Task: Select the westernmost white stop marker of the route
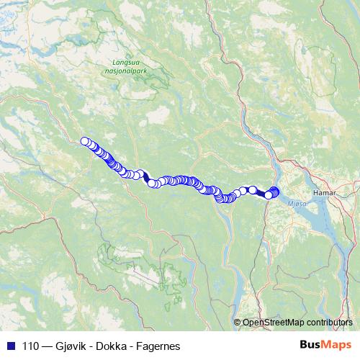[x=85, y=141]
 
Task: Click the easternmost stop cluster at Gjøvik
[x=274, y=192]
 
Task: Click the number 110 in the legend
[x=31, y=346]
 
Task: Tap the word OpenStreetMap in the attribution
[x=272, y=324]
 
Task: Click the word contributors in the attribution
[x=328, y=324]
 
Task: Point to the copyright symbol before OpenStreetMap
[x=237, y=324]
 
